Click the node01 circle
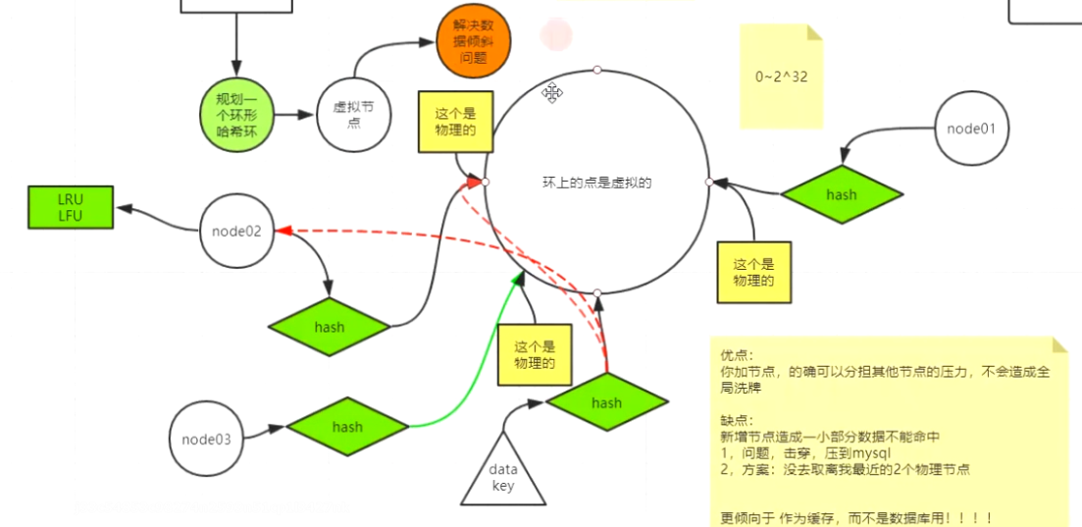pyautogui.click(x=972, y=128)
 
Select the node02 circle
pyautogui.click(x=236, y=232)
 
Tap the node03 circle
pyautogui.click(x=207, y=439)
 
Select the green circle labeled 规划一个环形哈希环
pyautogui.click(x=236, y=114)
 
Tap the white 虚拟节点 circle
pyautogui.click(x=354, y=115)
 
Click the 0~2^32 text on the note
pyautogui.click(x=781, y=76)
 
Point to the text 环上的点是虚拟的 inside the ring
pyautogui.click(x=596, y=183)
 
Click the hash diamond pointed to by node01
pyautogui.click(x=841, y=194)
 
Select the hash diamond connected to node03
pyautogui.click(x=347, y=427)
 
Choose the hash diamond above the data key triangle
pyautogui.click(x=606, y=402)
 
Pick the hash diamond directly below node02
pyautogui.click(x=330, y=326)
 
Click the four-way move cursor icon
pyautogui.click(x=552, y=93)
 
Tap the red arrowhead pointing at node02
pyautogui.click(x=283, y=231)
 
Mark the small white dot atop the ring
pyautogui.click(x=597, y=71)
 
